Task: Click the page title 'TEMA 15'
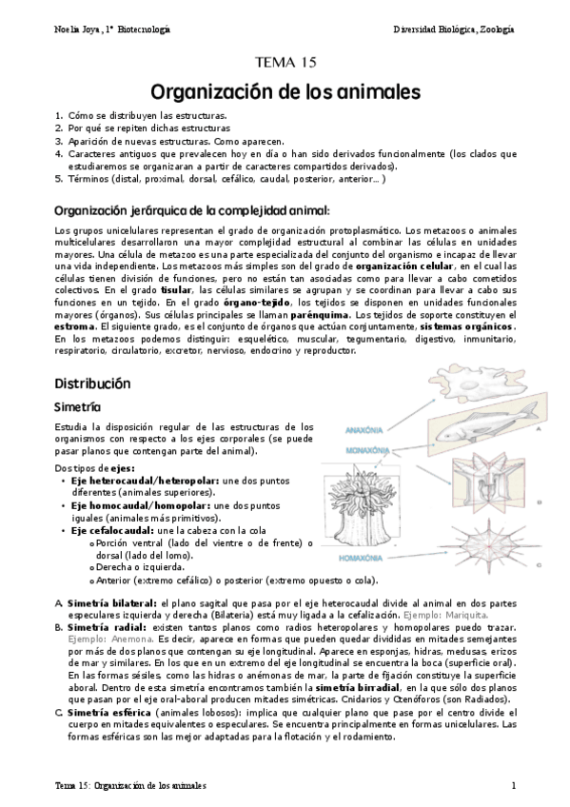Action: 284,65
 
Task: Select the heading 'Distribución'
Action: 91,383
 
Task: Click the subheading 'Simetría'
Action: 78,406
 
